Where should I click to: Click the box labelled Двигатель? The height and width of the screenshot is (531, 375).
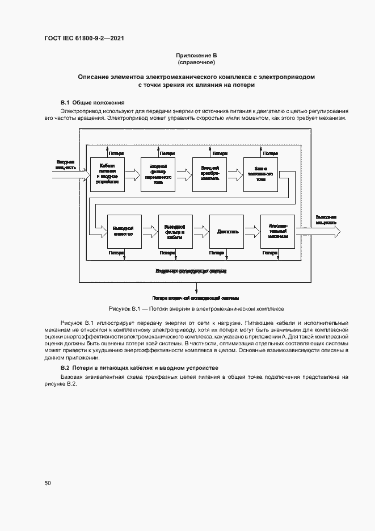[227, 232]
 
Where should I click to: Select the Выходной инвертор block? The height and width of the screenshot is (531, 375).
[124, 232]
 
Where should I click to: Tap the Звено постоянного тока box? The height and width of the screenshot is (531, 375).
[260, 174]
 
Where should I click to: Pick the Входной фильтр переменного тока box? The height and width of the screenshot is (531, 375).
[158, 174]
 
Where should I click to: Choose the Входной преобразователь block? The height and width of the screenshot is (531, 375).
[209, 174]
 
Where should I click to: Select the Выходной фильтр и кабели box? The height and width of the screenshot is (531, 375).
[175, 232]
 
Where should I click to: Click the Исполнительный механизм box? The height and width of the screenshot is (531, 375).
[277, 232]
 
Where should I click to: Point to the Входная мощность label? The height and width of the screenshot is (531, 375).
[66, 165]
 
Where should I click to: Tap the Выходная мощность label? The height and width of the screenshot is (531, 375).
[326, 220]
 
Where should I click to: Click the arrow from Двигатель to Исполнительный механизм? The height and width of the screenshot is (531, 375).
[252, 232]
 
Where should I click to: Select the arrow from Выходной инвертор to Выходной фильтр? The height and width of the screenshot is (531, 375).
[149, 232]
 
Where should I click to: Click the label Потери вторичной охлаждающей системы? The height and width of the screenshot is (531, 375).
[195, 298]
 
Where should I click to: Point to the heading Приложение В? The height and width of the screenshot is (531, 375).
[196, 55]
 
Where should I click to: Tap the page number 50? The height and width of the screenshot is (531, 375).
[48, 483]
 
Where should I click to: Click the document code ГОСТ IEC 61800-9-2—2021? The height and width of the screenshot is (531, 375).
[85, 38]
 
